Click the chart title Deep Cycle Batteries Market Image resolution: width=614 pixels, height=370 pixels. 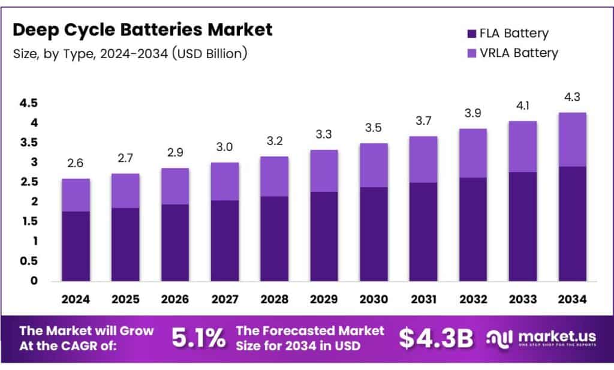click(143, 29)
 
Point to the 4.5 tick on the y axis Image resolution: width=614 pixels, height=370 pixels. click(28, 103)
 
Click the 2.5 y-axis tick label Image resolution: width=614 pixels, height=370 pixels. click(28, 182)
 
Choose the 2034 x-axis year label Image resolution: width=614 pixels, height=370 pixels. click(572, 298)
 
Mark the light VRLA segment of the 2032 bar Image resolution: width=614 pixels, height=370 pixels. click(474, 153)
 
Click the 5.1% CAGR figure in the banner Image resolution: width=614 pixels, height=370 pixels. click(198, 338)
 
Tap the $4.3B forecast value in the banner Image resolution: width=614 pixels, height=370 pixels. click(436, 338)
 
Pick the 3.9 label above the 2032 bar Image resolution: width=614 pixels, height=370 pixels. click(474, 113)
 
